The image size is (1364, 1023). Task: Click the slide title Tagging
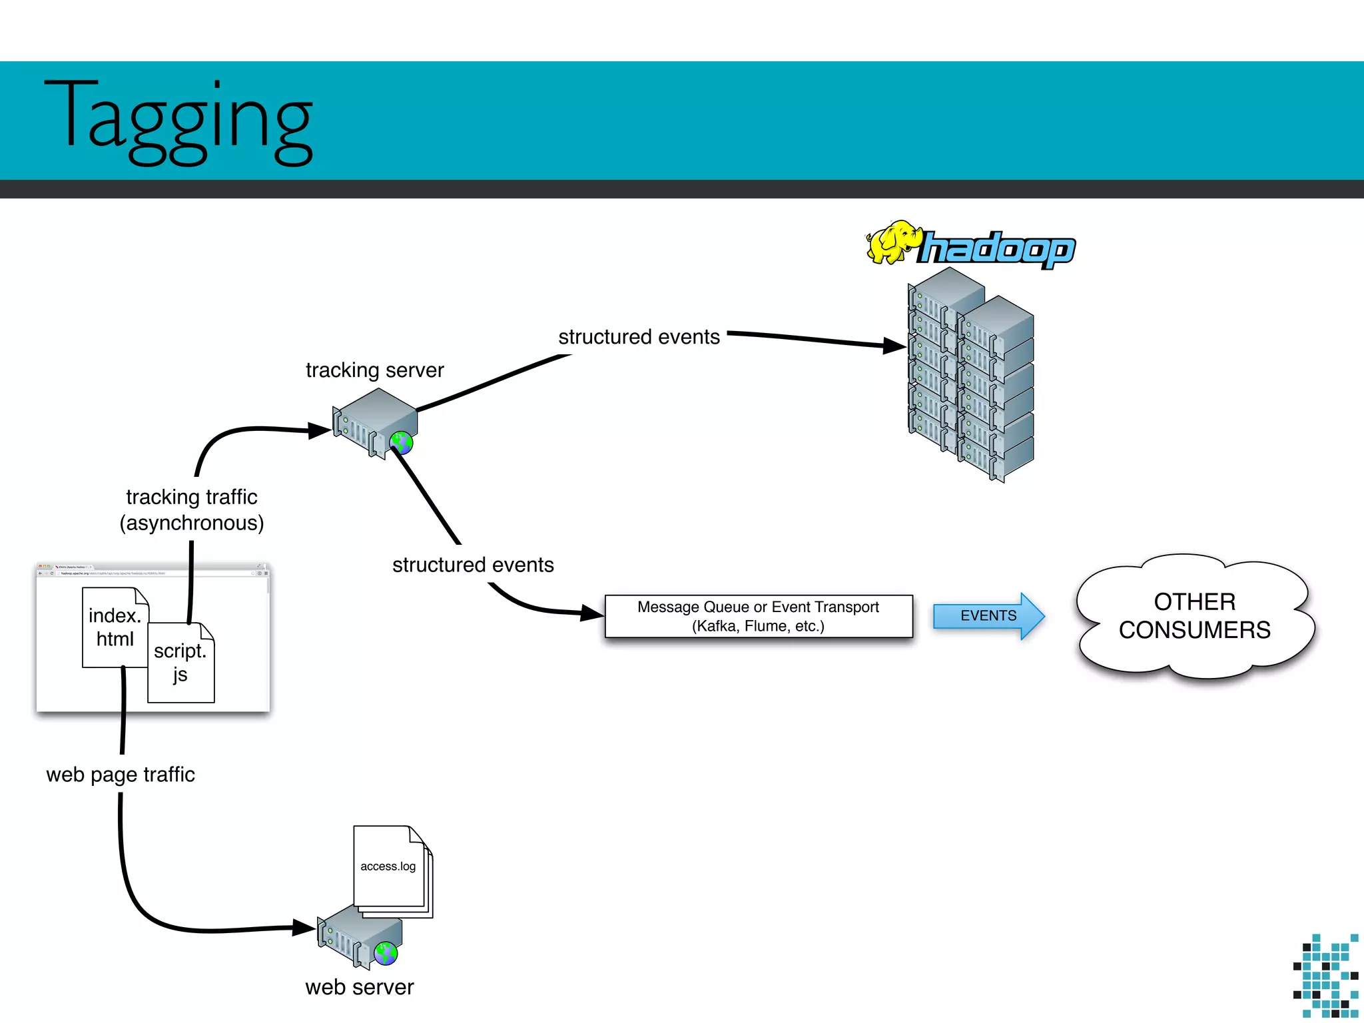[178, 120]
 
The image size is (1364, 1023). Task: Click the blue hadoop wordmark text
[998, 249]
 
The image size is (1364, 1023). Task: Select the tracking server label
[374, 370]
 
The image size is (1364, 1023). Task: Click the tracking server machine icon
[373, 421]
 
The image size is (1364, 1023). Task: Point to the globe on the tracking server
[402, 442]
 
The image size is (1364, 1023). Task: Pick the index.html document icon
[115, 627]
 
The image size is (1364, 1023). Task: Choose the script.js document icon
[180, 663]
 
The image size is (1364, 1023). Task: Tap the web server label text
[360, 987]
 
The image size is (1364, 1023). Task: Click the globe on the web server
[386, 953]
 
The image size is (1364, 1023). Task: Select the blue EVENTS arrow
[988, 616]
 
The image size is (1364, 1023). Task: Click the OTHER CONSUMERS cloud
[1194, 616]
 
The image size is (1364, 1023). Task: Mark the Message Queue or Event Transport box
[758, 616]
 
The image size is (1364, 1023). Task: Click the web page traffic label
[121, 775]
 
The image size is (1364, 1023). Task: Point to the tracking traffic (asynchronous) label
[192, 510]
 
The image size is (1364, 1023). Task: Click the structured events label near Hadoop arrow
[639, 337]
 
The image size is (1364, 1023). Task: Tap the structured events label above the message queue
[473, 565]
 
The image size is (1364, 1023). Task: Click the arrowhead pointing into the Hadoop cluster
[894, 346]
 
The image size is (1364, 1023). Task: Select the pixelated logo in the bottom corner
[1325, 976]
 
